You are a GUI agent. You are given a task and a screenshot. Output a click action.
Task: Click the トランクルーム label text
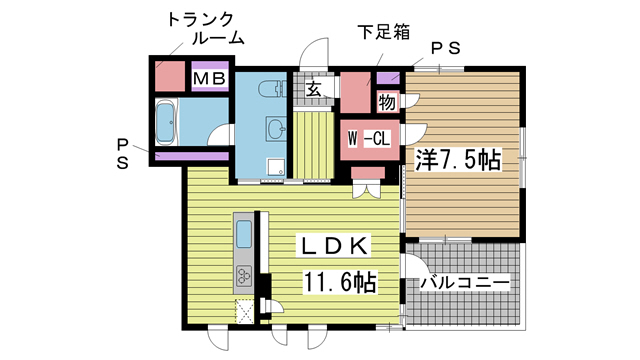pos(206,29)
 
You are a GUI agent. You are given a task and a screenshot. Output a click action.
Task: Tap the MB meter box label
pos(210,78)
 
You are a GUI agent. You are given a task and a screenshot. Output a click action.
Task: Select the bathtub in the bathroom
pos(165,122)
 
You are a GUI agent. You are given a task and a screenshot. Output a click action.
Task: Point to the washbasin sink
pos(276,129)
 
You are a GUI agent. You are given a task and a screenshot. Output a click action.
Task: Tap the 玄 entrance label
pos(313,89)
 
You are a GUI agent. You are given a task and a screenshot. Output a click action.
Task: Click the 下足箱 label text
pos(384,32)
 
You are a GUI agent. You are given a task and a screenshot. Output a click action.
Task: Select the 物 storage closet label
pos(387,102)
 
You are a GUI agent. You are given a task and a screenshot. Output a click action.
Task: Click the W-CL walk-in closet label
pos(369,139)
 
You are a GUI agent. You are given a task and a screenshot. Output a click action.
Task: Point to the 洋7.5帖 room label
pos(458,160)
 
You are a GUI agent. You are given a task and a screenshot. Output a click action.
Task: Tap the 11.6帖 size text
pos(340,282)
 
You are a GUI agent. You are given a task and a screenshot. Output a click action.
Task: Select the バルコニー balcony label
pos(465,282)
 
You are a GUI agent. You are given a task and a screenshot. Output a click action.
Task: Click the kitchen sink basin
pos(244,234)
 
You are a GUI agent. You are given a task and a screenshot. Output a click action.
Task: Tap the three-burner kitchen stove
pos(244,276)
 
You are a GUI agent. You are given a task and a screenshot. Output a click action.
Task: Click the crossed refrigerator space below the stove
pos(244,311)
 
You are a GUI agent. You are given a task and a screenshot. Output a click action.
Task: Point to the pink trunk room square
pos(170,76)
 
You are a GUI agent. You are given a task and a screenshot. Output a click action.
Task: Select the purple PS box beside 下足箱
pos(388,78)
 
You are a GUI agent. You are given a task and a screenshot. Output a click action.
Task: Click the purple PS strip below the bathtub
pos(192,156)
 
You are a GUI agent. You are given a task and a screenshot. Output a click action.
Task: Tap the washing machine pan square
pos(276,167)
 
